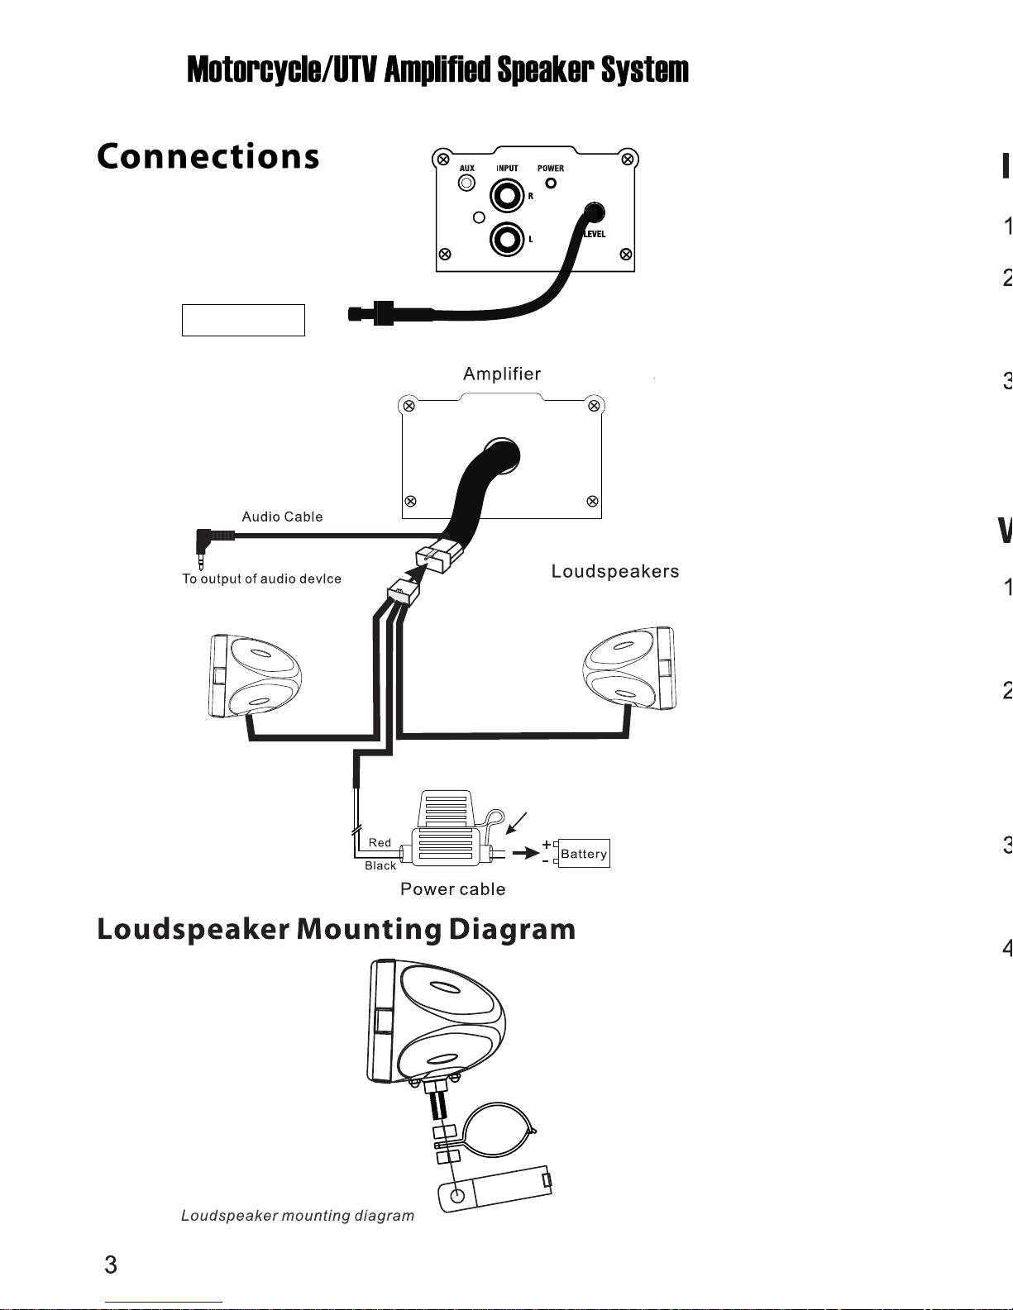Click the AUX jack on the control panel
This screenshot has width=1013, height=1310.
coord(467,183)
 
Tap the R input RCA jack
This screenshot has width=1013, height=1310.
coord(506,196)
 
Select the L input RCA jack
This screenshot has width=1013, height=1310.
coord(506,240)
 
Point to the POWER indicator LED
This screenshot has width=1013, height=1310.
coord(551,183)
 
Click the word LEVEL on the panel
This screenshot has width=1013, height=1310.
coord(595,234)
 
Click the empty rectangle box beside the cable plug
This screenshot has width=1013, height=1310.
coord(243,320)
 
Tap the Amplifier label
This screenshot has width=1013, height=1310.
coord(502,374)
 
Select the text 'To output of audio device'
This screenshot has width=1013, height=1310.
coord(261,579)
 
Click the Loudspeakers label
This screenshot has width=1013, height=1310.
coord(615,571)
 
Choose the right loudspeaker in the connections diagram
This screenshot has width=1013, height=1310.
coord(630,669)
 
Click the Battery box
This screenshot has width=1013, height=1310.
coord(584,854)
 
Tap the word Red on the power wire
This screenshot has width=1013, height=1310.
coord(380,842)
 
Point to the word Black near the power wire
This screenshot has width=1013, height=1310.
coord(380,865)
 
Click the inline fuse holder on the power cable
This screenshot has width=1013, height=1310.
coord(447,835)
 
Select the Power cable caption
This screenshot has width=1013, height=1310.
coord(452,889)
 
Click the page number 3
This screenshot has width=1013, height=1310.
coord(111,1265)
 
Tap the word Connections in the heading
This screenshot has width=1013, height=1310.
coord(208,156)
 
